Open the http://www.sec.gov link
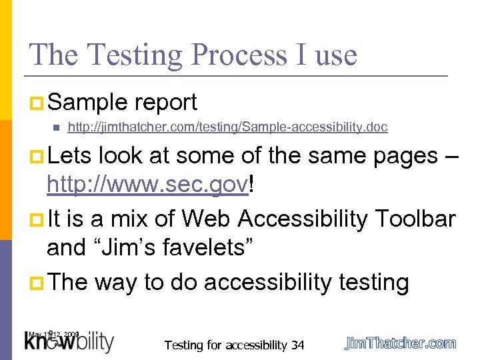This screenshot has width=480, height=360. [x=147, y=186]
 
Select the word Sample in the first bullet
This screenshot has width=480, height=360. [x=87, y=102]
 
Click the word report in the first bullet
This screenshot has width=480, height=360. [x=165, y=102]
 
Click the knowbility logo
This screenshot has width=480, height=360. [x=69, y=342]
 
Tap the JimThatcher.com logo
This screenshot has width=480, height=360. [x=401, y=343]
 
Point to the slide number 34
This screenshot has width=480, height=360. [x=297, y=345]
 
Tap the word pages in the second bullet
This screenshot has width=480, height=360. [x=397, y=155]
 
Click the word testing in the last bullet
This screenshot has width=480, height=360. [x=374, y=282]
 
